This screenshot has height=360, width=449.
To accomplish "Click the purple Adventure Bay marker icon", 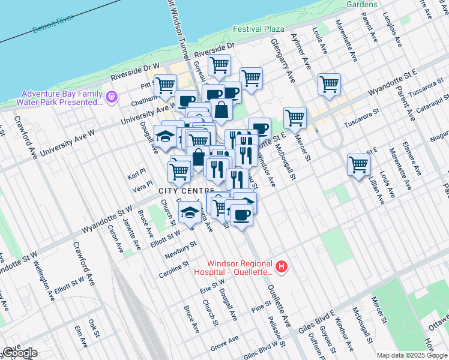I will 111,97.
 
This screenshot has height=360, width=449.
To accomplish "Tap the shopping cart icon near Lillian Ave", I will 358,163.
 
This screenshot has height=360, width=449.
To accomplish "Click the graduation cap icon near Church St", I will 190,211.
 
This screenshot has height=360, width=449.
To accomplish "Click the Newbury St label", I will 182,248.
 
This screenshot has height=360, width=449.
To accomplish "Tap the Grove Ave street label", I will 224,344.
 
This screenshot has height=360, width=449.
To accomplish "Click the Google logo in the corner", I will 19,353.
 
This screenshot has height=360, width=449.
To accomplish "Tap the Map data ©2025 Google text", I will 412,355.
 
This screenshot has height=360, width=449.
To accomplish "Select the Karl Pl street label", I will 136,177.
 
